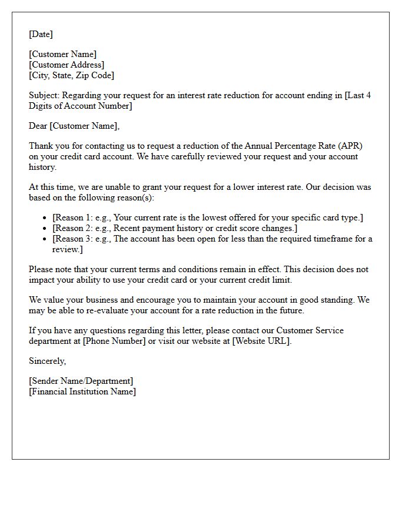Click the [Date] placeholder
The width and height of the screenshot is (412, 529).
tap(41, 34)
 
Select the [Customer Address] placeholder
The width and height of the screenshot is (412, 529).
tap(67, 65)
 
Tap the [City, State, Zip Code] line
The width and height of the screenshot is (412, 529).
tap(71, 75)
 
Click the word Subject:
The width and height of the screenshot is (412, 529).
tap(44, 95)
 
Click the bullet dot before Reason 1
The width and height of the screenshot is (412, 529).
tap(45, 218)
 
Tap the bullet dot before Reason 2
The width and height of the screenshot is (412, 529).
tap(45, 228)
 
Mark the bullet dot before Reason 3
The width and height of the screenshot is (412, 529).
tap(45, 239)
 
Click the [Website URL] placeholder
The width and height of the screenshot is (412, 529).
tap(261, 341)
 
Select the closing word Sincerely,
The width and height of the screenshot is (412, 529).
tap(47, 361)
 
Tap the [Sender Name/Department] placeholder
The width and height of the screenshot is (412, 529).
tap(81, 381)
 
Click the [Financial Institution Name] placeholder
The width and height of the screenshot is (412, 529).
tap(82, 391)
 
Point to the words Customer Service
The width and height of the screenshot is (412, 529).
tap(310, 330)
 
